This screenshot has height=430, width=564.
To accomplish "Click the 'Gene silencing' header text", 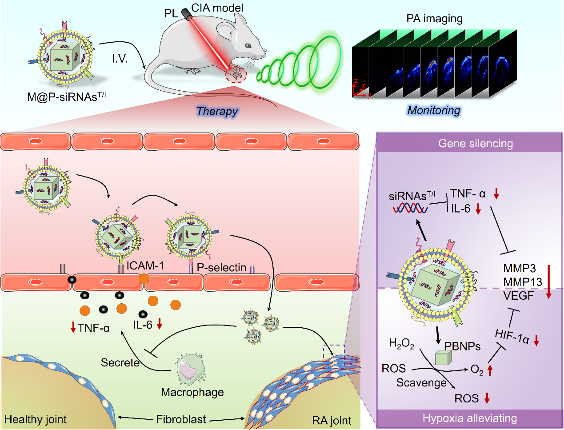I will pos(475,144).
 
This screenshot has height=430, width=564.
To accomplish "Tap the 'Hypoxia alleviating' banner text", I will pos(470,418).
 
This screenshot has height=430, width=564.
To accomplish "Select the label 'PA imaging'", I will pos(434,19).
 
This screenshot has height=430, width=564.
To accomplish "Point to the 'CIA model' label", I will pos(217,8).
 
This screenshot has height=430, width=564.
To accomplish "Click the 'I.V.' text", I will pos(120,59).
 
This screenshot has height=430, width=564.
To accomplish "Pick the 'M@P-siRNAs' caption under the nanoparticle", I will pos(66,97).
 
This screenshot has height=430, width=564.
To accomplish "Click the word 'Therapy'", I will pos(217,111).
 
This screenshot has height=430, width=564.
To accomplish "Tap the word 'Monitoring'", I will pos(434,110).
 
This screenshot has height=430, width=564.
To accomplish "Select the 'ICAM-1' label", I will pos(145,266).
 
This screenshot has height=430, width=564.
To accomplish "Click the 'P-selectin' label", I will pos(221,268).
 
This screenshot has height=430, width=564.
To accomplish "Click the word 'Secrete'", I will pos(120,362).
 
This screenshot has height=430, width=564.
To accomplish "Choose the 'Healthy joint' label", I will pos(36,419).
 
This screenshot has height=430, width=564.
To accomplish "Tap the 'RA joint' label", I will pos(332,421).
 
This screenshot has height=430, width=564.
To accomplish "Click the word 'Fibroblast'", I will pos(181,419).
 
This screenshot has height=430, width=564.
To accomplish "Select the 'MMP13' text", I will pos(523,282).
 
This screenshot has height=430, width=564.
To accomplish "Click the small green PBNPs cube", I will pos(443,358).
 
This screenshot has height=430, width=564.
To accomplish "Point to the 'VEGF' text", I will pos(518,295).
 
